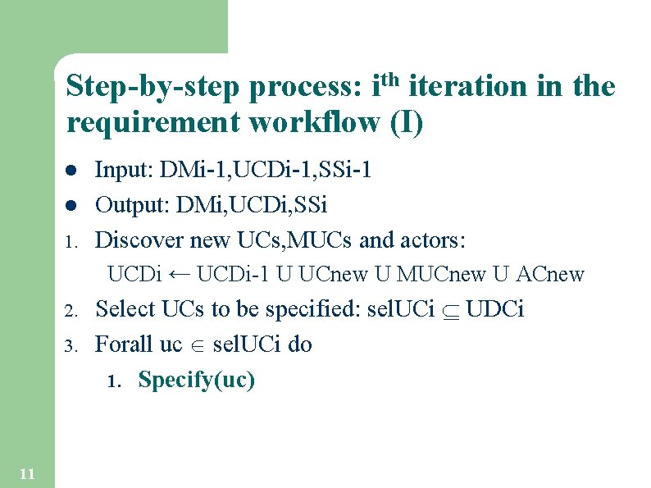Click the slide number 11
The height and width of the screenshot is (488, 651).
(26, 473)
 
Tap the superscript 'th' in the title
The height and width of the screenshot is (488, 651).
(391, 80)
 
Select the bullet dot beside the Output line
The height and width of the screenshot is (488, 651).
(71, 205)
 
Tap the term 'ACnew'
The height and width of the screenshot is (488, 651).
(551, 274)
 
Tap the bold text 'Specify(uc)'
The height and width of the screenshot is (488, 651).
(197, 381)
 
